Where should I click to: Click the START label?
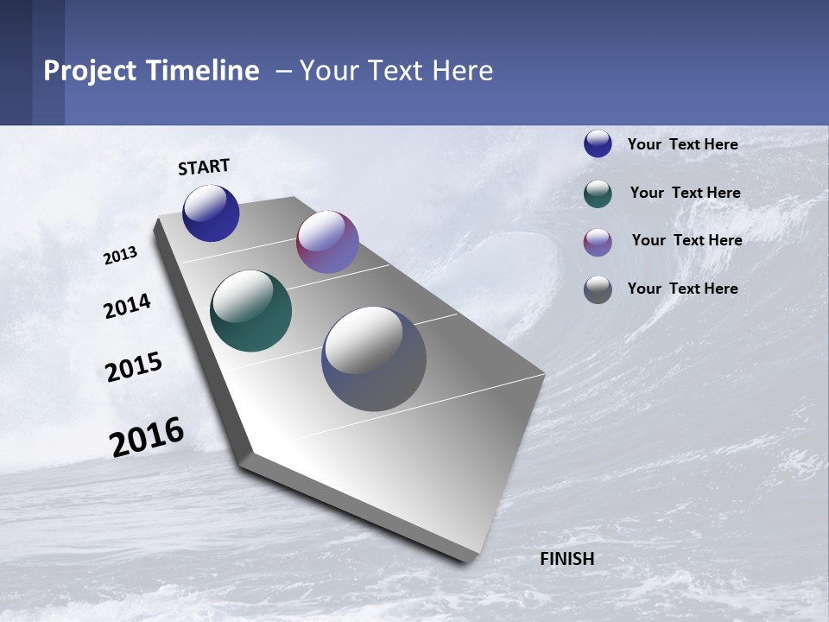click(x=204, y=167)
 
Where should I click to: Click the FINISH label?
click(x=566, y=559)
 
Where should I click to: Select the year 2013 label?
click(x=120, y=256)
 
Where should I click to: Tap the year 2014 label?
click(x=127, y=307)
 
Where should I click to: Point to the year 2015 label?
click(x=134, y=367)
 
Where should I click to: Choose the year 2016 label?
click(x=147, y=437)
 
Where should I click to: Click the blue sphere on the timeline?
click(x=211, y=213)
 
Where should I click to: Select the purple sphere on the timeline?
click(x=327, y=242)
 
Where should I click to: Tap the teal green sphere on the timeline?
click(x=250, y=311)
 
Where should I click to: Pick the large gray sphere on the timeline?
click(x=374, y=359)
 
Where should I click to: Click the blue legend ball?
click(x=598, y=144)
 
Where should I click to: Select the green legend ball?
click(x=598, y=194)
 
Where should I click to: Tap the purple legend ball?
click(x=598, y=242)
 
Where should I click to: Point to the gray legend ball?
click(x=598, y=289)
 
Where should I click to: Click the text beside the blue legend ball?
click(x=682, y=144)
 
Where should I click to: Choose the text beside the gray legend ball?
click(x=682, y=289)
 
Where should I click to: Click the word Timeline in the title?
click(x=203, y=71)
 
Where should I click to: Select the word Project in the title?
click(x=90, y=71)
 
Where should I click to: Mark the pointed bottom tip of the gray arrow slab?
click(x=466, y=560)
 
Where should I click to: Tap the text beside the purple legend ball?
click(x=687, y=240)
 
